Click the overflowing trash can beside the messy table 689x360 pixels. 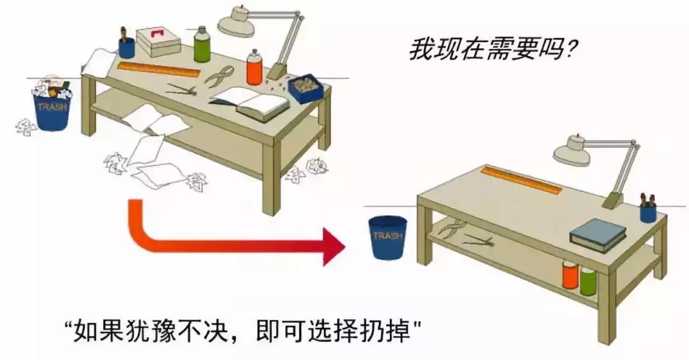point(53,110)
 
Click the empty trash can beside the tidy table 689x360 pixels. point(389,238)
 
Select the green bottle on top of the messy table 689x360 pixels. point(202,45)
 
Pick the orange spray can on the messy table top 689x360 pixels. point(255,69)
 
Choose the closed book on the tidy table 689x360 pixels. point(598,234)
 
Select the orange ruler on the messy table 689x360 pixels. point(158,68)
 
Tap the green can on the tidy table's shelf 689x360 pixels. point(588,280)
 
